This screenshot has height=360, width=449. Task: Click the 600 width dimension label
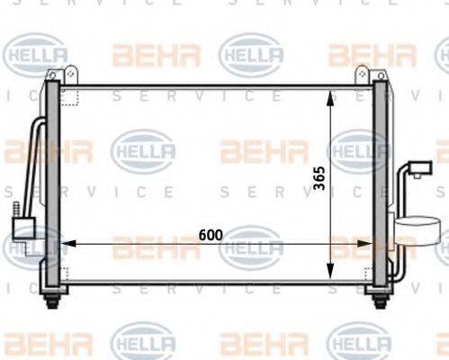pyautogui.click(x=210, y=235)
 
